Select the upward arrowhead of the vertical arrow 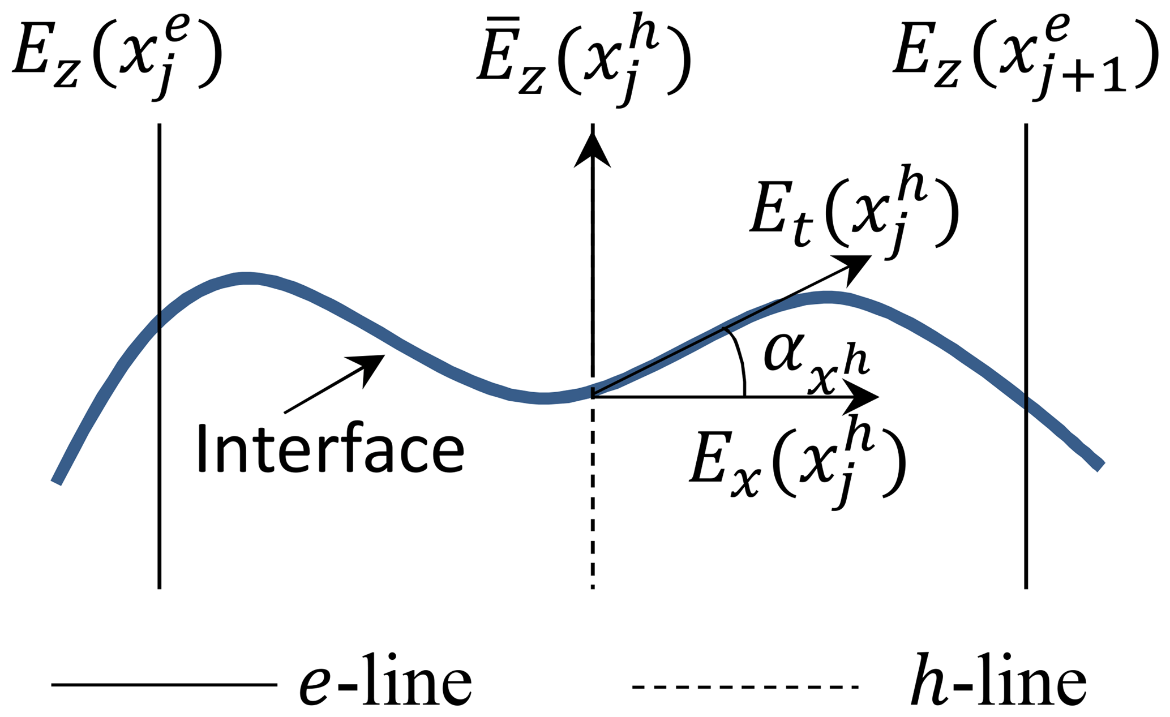pyautogui.click(x=592, y=150)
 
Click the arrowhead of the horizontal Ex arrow pyautogui.click(x=863, y=397)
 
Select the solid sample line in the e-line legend pyautogui.click(x=164, y=685)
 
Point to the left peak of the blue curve pyautogui.click(x=246, y=278)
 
